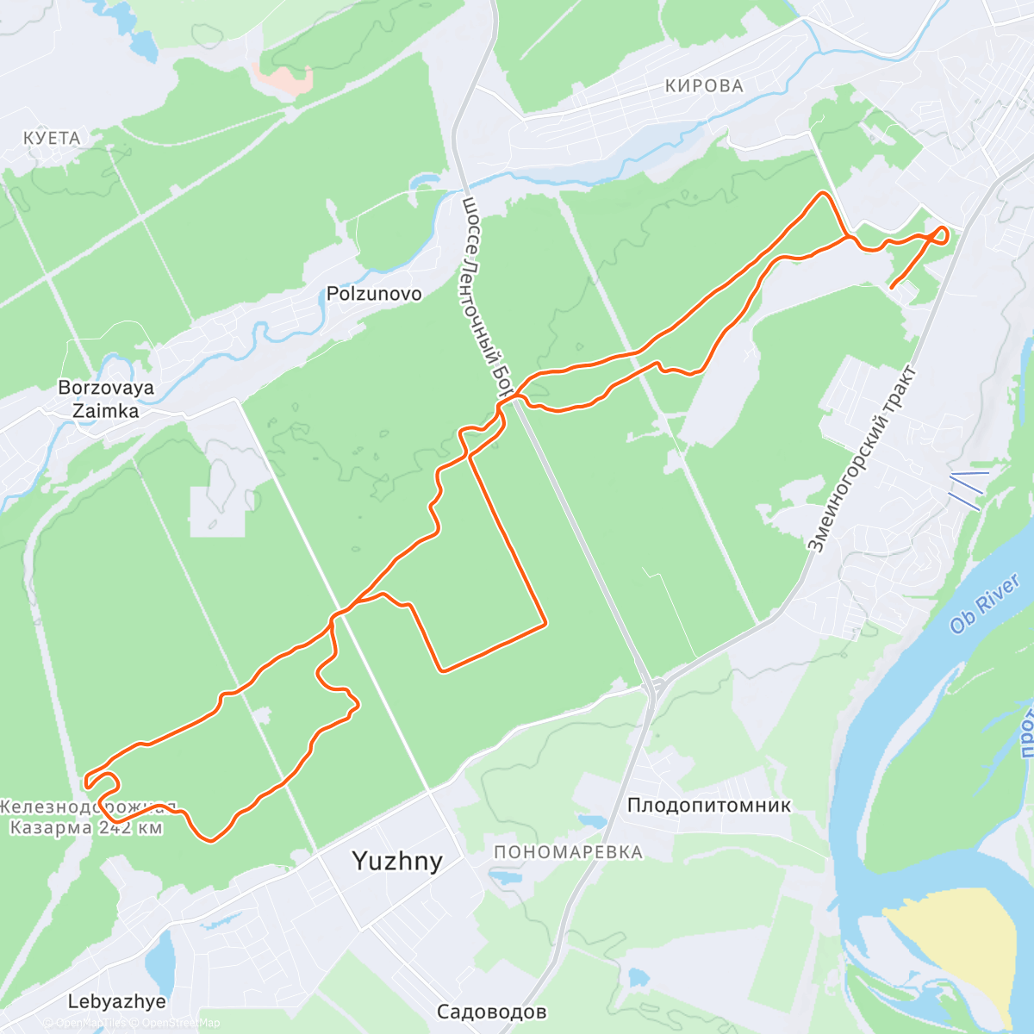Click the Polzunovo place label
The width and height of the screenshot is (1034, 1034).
tap(374, 294)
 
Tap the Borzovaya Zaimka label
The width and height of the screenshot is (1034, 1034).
tap(106, 399)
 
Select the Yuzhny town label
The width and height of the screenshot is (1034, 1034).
tap(397, 861)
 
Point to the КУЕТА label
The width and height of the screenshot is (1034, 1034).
tap(52, 138)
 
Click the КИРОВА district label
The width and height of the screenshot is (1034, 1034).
tap(704, 85)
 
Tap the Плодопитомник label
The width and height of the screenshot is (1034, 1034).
tap(708, 806)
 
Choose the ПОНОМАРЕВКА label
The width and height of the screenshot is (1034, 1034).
tap(568, 852)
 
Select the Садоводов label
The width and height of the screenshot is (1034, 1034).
tap(491, 1012)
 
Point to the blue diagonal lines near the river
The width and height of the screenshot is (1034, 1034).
tap(966, 489)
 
